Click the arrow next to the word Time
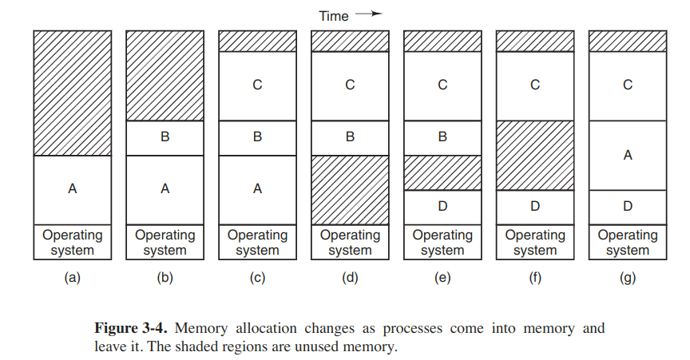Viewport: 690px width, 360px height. click(369, 14)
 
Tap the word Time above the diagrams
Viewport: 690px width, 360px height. click(334, 16)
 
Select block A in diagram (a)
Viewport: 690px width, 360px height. click(73, 190)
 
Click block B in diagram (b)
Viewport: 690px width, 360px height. click(165, 138)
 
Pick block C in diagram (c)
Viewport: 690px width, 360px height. click(257, 86)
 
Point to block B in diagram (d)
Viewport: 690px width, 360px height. click(351, 138)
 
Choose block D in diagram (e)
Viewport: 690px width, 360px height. click(442, 208)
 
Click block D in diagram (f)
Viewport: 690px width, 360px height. click(535, 208)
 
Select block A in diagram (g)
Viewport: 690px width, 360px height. click(628, 156)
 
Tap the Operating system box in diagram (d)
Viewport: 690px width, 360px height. click(351, 242)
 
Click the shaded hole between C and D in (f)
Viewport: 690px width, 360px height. click(535, 156)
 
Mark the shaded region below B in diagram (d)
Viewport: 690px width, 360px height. click(351, 190)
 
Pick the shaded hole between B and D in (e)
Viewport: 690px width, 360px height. click(442, 173)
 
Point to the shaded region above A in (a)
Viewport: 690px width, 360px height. click(73, 93)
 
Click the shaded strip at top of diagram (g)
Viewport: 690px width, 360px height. click(628, 42)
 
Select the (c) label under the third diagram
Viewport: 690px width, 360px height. click(257, 278)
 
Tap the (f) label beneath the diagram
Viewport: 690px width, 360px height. click(535, 278)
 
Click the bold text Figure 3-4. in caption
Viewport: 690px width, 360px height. click(131, 328)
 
